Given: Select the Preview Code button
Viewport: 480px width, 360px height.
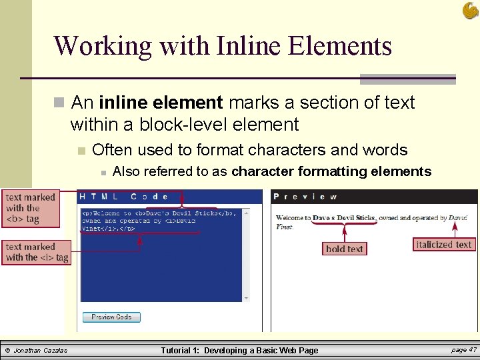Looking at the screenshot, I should pyautogui.click(x=111, y=317).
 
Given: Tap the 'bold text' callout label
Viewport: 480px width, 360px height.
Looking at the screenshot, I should pyautogui.click(x=344, y=249).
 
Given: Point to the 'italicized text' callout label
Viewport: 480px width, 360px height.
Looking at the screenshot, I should pyautogui.click(x=443, y=245).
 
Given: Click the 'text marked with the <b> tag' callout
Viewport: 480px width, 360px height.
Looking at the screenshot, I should pyautogui.click(x=31, y=208).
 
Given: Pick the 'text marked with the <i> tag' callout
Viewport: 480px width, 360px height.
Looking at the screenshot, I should pyautogui.click(x=37, y=252).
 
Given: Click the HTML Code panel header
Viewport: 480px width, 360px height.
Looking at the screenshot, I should pyautogui.click(x=123, y=197).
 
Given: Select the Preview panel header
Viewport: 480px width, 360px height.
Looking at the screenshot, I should pyautogui.click(x=305, y=197).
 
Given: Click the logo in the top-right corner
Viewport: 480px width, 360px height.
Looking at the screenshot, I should pyautogui.click(x=470, y=10).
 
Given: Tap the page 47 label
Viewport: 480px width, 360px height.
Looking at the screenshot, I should pyautogui.click(x=463, y=350).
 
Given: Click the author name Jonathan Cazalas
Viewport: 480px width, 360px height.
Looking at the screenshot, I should pyautogui.click(x=41, y=351).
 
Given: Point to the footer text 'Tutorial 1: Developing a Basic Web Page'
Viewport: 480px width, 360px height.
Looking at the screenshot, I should pyautogui.click(x=239, y=351).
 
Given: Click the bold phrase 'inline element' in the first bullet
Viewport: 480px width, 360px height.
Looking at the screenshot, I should pyautogui.click(x=161, y=103).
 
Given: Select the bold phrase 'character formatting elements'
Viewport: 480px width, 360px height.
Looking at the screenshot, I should pyautogui.click(x=331, y=171).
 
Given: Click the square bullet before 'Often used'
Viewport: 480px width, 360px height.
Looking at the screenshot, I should pyautogui.click(x=81, y=151).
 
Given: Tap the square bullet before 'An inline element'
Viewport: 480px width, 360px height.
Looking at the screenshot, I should pyautogui.click(x=59, y=103).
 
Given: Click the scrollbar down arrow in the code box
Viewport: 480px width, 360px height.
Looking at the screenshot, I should pyautogui.click(x=246, y=297).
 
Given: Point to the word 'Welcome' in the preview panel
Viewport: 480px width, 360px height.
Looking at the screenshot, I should pyautogui.click(x=293, y=218).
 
